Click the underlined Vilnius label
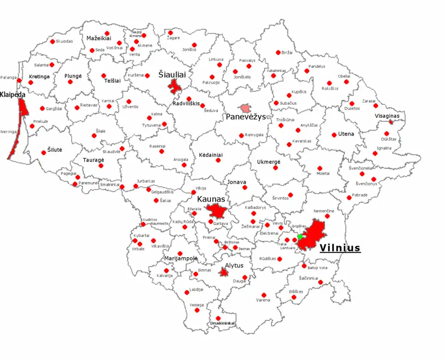tap(340, 248)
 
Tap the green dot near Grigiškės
tap(300, 237)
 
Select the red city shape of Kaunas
tap(216, 212)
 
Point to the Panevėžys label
tap(246, 117)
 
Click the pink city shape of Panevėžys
tap(246, 108)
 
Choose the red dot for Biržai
tap(278, 53)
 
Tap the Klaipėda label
tap(12, 94)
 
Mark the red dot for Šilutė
tap(44, 153)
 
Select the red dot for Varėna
tap(264, 295)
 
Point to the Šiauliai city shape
tap(175, 86)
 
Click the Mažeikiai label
tap(99, 38)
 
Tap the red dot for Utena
tap(334, 135)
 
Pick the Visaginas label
tap(387, 116)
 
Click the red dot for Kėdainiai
tap(218, 160)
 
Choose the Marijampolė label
tap(181, 258)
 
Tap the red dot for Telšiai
tap(104, 75)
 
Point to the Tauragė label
tap(93, 159)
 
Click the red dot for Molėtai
tap(320, 168)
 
